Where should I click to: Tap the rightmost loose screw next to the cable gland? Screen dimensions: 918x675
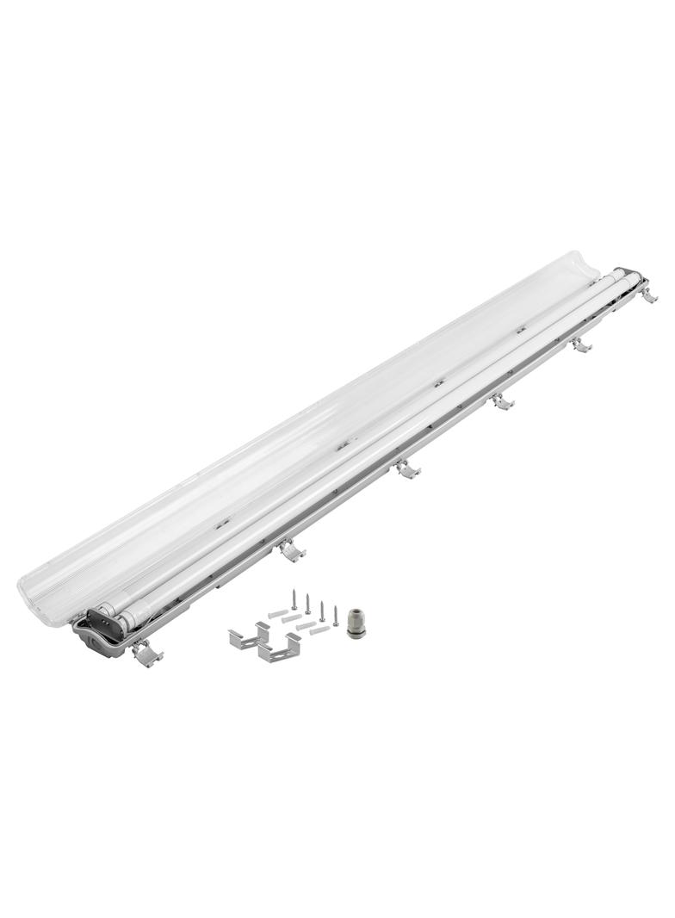(x=335, y=615)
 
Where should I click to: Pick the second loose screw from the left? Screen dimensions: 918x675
(x=307, y=603)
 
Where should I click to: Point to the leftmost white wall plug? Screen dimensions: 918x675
(x=276, y=613)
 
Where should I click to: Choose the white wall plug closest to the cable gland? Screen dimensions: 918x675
(x=319, y=630)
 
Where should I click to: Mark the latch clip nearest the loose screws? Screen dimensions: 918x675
(x=291, y=550)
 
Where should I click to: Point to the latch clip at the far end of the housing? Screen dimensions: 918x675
(x=649, y=295)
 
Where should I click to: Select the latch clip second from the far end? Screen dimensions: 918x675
(x=581, y=344)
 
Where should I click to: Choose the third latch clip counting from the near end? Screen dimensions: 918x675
(x=406, y=469)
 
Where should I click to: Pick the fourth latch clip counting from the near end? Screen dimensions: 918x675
(x=502, y=401)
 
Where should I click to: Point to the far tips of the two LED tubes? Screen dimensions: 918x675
(x=627, y=276)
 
